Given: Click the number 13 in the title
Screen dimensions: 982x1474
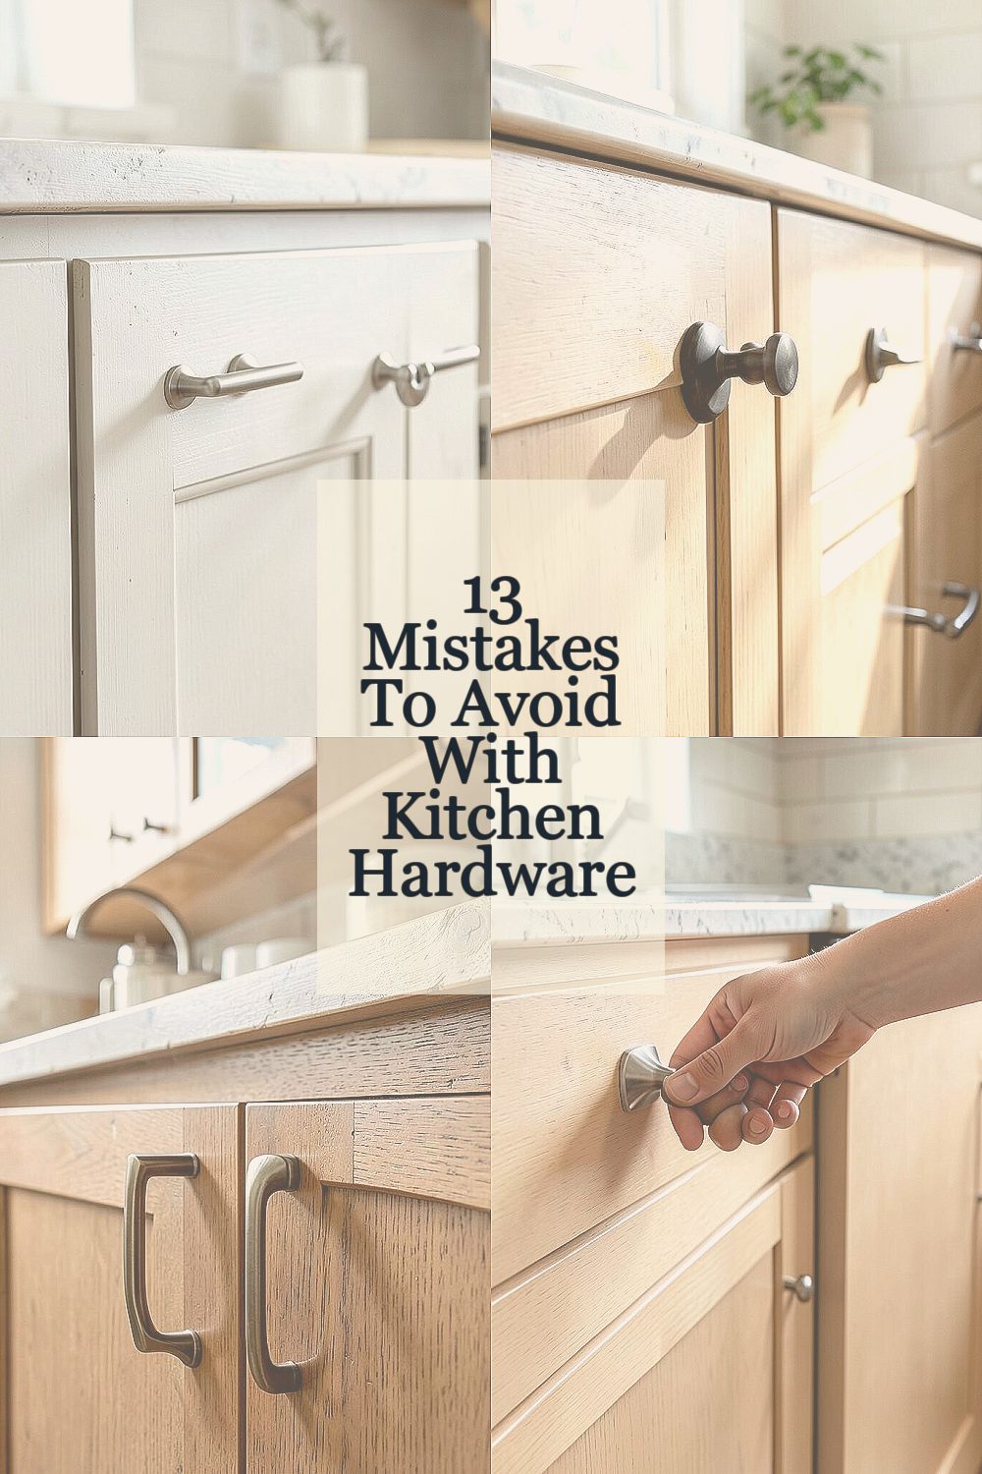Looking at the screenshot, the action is click(491, 599).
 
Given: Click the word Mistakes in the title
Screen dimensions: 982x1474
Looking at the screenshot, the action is click(491, 651).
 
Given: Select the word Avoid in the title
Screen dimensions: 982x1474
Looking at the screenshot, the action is click(535, 704).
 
